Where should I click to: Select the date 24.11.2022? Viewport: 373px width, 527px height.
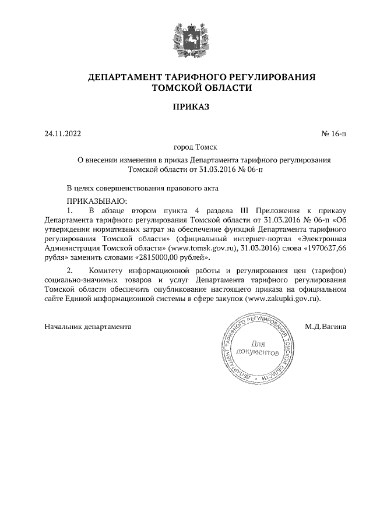(63, 134)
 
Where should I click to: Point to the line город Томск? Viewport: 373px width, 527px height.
(186, 148)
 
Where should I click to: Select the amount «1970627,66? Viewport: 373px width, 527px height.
(323, 247)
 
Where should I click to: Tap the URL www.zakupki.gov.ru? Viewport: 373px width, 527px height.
(283, 298)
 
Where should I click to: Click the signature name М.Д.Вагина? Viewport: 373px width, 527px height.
(325, 327)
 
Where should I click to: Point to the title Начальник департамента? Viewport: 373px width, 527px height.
(88, 327)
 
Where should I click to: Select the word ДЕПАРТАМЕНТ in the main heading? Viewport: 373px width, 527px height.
(122, 77)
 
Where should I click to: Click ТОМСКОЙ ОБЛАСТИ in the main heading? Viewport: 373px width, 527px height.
(202, 89)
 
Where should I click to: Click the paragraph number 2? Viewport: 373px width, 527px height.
(70, 270)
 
